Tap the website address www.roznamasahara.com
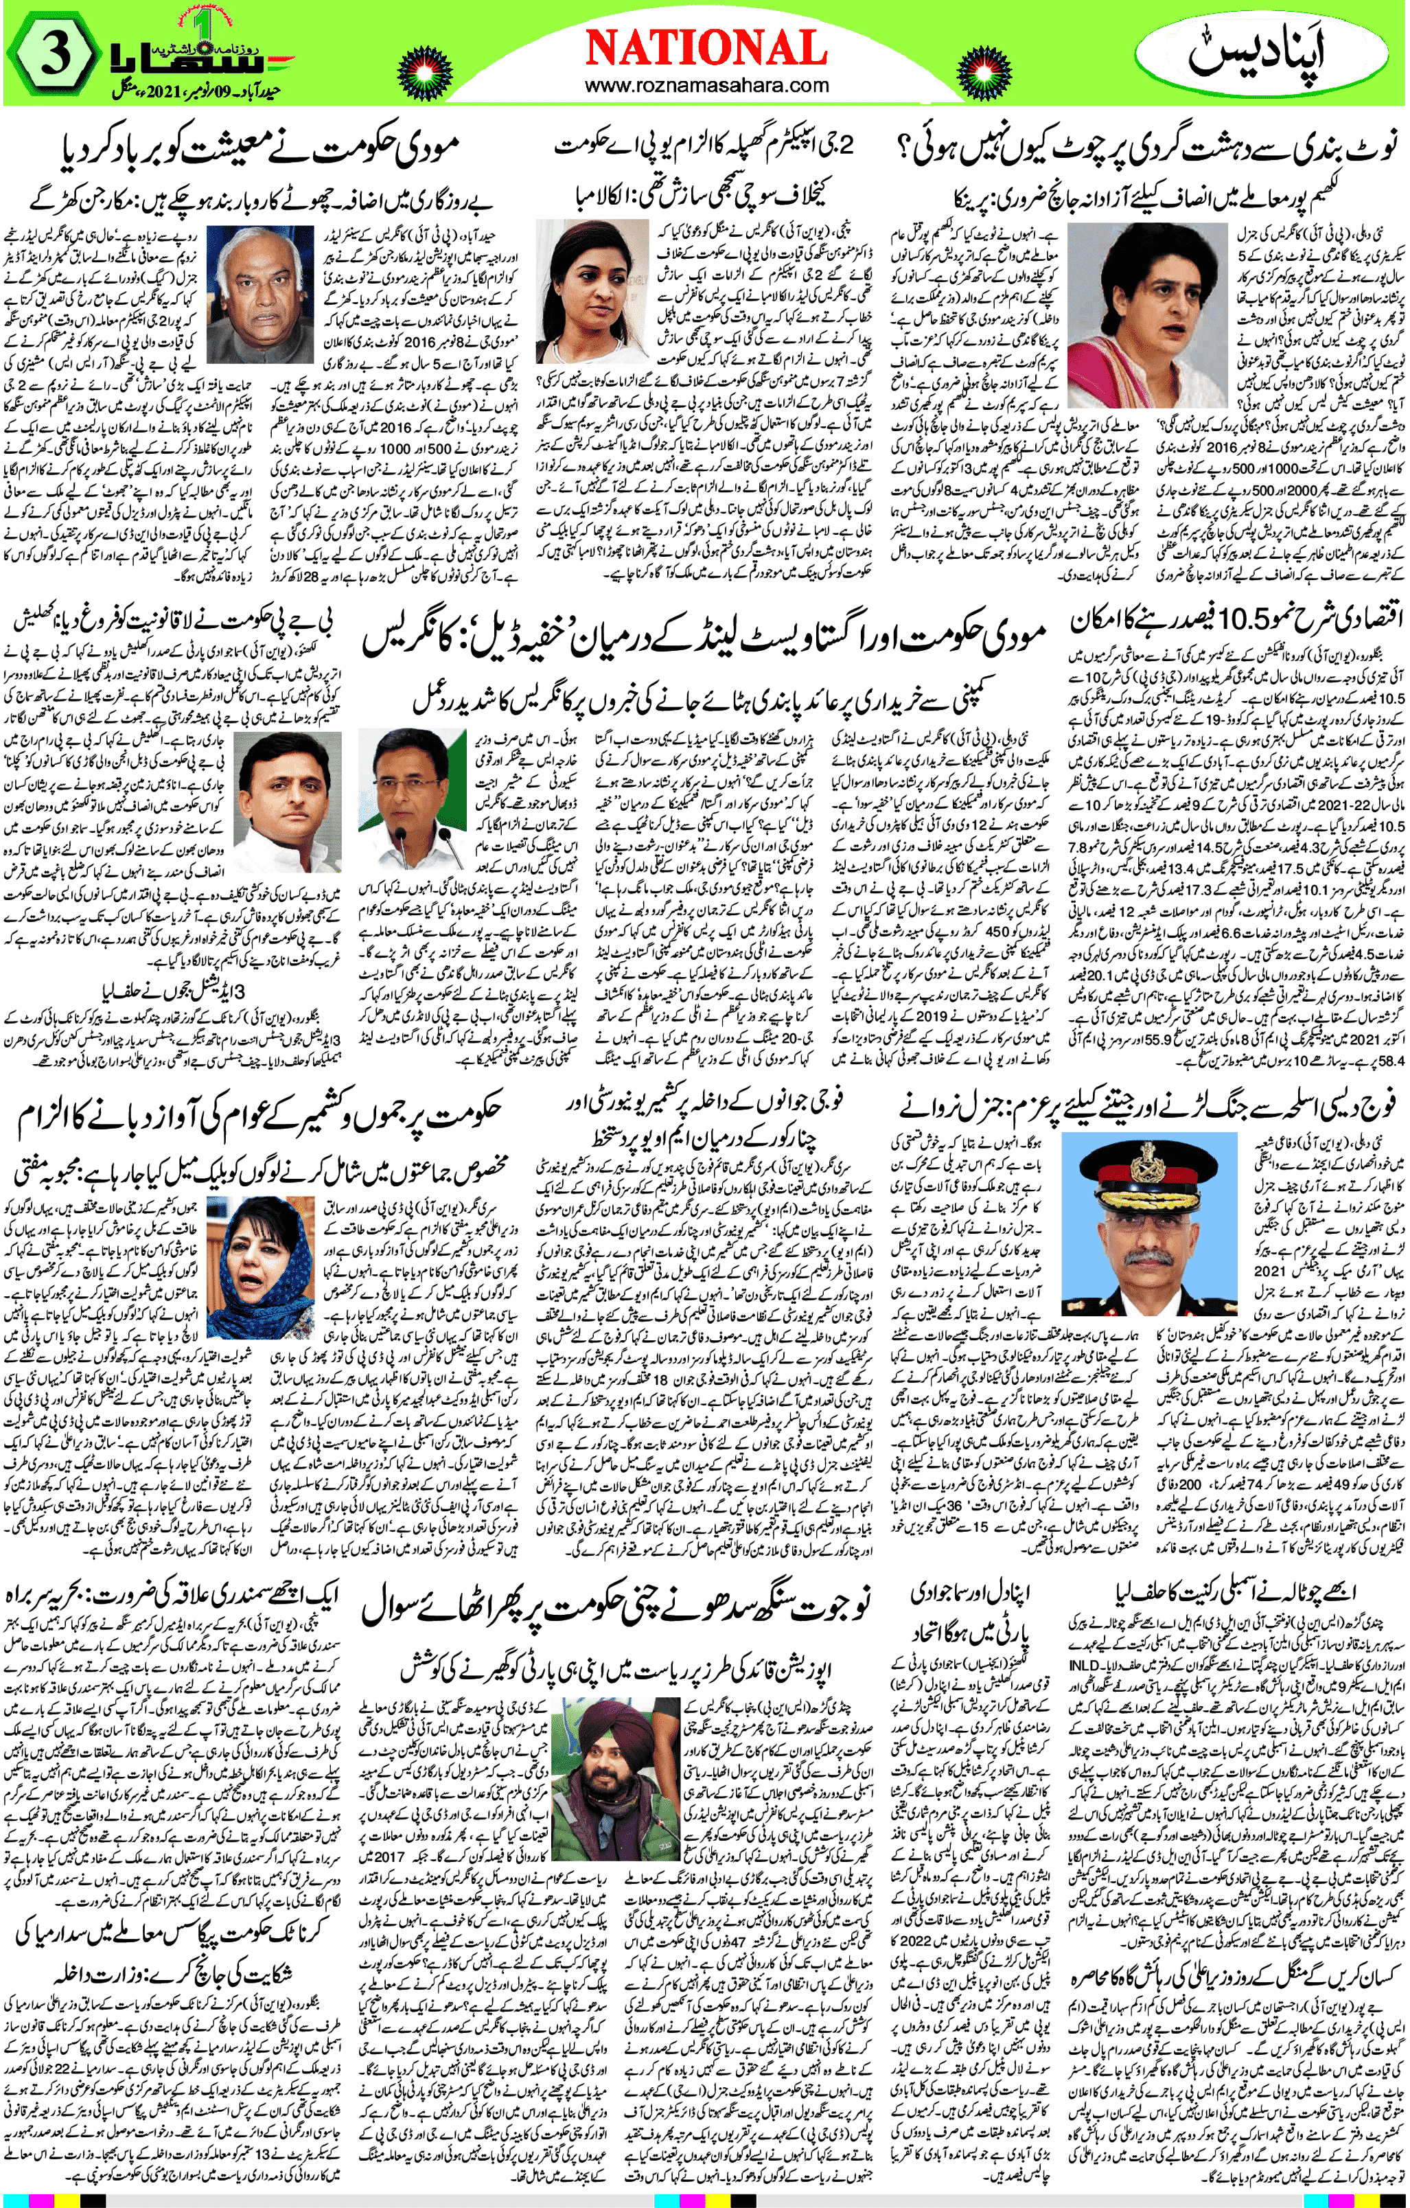pyautogui.click(x=706, y=87)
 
